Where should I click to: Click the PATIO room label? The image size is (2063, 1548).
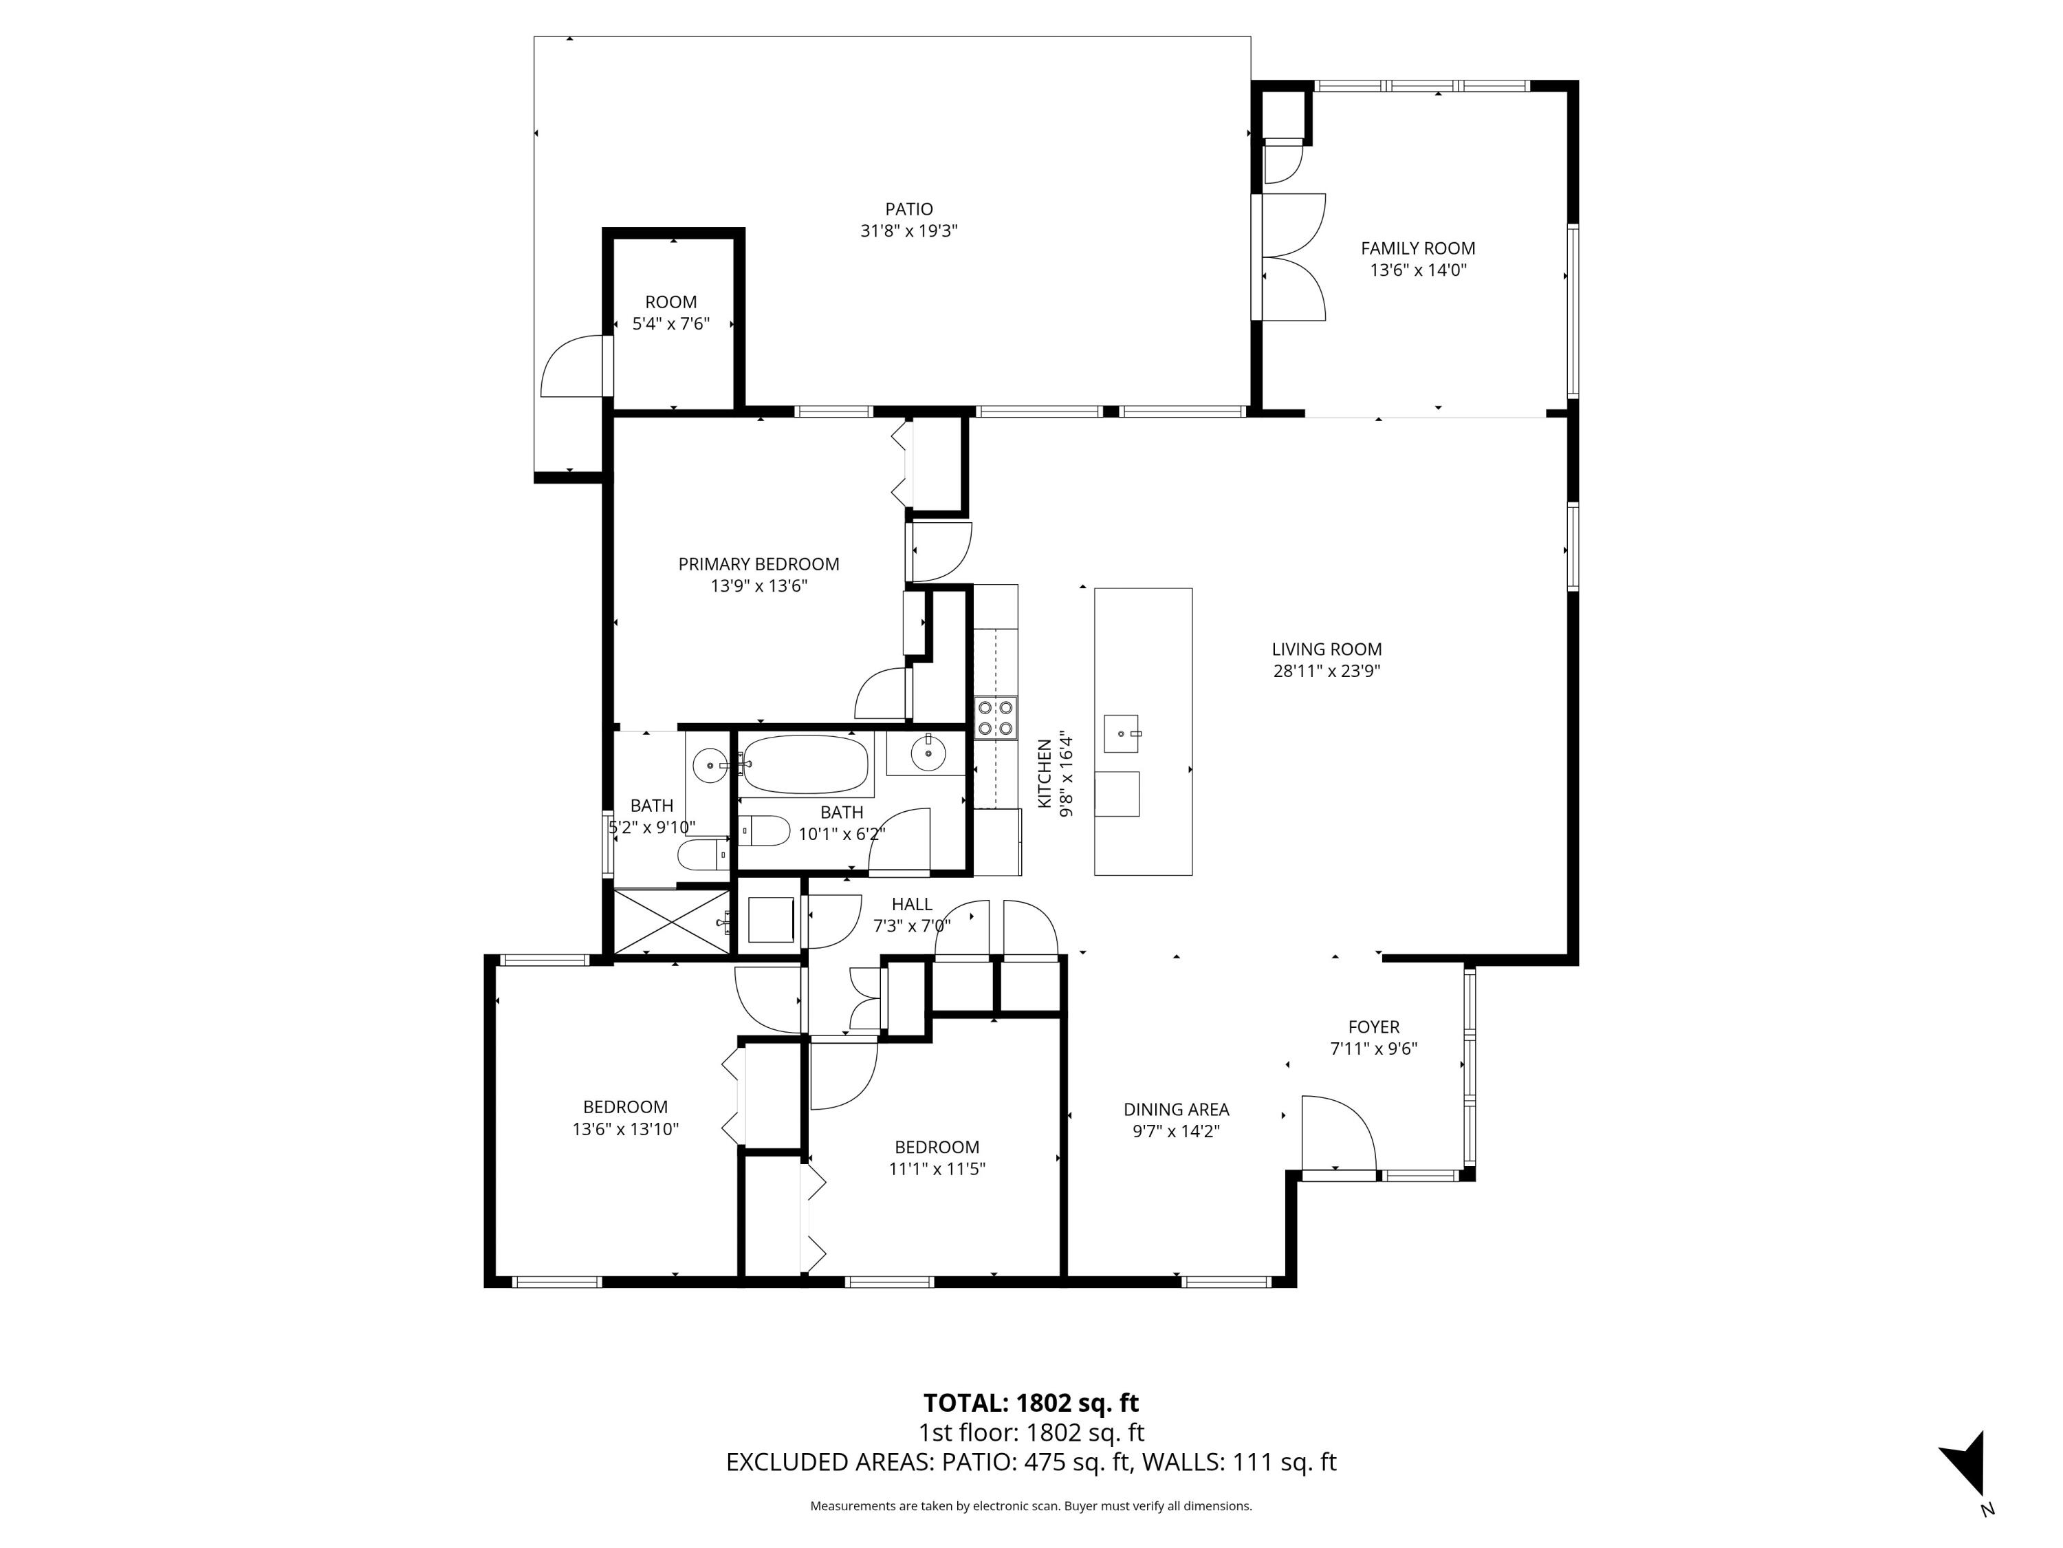pyautogui.click(x=908, y=209)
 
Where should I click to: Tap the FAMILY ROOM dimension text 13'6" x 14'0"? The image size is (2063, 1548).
pyautogui.click(x=1417, y=270)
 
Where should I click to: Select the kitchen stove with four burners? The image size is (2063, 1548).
pyautogui.click(x=995, y=718)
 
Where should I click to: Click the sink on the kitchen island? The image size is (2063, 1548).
pyautogui.click(x=1120, y=733)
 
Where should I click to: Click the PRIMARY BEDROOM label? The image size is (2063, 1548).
pyautogui.click(x=758, y=563)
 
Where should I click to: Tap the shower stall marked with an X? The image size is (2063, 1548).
pyautogui.click(x=670, y=921)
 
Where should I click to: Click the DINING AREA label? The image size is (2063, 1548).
pyautogui.click(x=1176, y=1110)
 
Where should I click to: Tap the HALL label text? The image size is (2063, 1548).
pyautogui.click(x=911, y=904)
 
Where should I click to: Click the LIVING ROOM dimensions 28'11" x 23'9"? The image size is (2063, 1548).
pyautogui.click(x=1327, y=671)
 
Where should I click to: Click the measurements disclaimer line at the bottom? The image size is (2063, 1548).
pyautogui.click(x=1031, y=1506)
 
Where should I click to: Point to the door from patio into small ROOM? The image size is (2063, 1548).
pyautogui.click(x=576, y=367)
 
